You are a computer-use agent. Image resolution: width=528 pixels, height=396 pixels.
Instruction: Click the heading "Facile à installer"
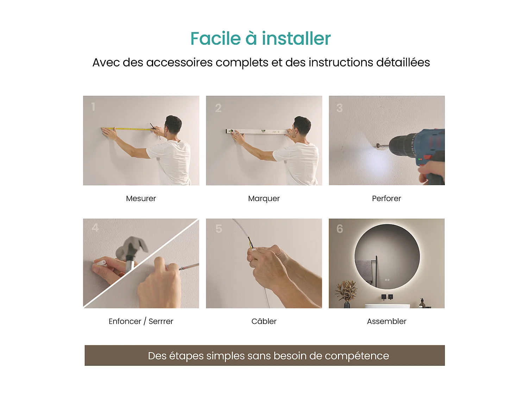point(260,38)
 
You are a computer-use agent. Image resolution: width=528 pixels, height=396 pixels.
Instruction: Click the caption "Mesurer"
point(141,199)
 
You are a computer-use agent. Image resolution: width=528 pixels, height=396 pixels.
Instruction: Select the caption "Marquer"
point(264,199)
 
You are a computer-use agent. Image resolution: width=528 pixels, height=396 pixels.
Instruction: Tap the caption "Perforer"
point(386,199)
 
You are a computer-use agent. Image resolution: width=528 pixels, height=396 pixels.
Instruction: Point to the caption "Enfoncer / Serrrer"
point(141,321)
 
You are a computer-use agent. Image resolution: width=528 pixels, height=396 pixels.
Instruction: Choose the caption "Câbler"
point(264,321)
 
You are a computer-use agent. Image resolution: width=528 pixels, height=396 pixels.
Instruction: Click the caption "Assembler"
point(386,321)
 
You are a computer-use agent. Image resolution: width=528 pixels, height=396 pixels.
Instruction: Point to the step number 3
point(339,108)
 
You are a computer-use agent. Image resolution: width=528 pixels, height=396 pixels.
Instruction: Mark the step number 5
point(219,229)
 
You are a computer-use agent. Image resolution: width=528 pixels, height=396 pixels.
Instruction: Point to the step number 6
point(340,229)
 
